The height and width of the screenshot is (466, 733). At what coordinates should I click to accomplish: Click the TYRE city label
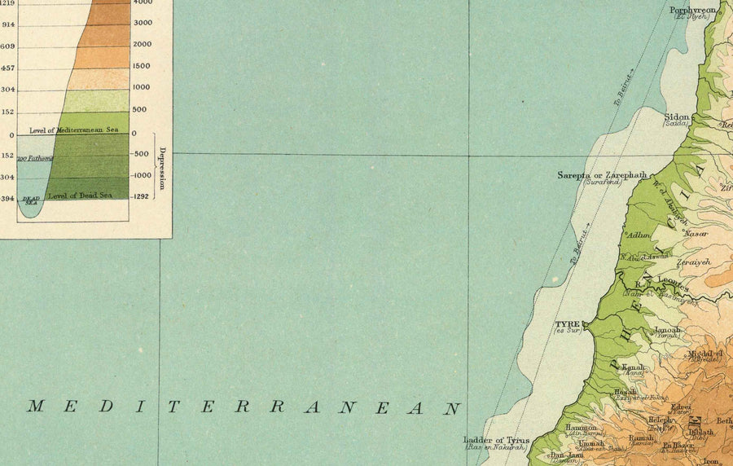[567, 323]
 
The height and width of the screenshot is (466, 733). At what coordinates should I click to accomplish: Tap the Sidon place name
[678, 116]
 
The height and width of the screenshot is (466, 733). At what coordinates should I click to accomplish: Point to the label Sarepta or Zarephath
[602, 175]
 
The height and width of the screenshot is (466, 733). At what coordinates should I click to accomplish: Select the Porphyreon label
[691, 11]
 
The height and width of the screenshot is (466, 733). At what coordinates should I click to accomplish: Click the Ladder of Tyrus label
[496, 440]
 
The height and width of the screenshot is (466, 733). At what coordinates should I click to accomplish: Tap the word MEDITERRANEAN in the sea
[244, 407]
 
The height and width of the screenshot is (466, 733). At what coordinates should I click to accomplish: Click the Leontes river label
[673, 284]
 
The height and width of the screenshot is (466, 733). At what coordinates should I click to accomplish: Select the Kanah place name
[634, 367]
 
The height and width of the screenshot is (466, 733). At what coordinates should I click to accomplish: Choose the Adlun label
[639, 235]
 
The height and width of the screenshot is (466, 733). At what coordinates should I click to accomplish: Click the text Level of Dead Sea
[80, 196]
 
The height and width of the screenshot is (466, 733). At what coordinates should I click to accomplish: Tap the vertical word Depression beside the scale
[162, 169]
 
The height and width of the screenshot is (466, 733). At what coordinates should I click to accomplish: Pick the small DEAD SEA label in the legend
[31, 200]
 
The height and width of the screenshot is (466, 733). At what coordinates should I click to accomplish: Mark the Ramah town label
[641, 437]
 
